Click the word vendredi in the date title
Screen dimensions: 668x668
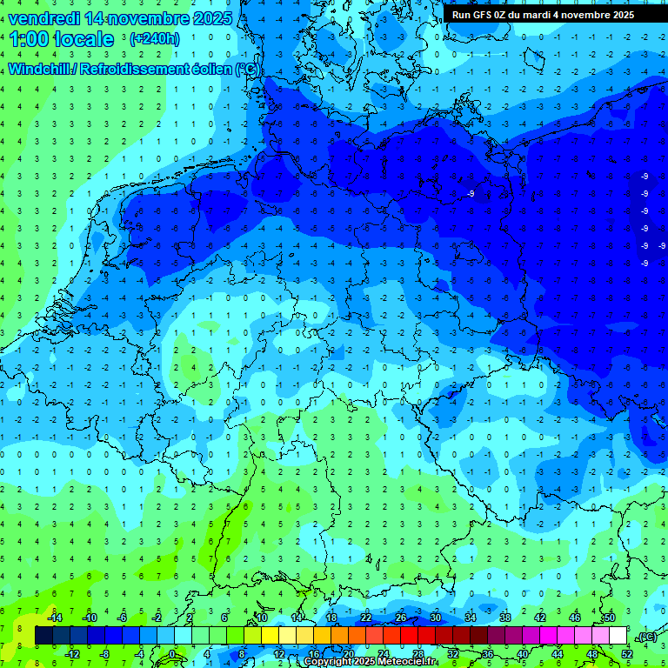pyautogui.click(x=44, y=18)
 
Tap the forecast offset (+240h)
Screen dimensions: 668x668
pyautogui.click(x=155, y=39)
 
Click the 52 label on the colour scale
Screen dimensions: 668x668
pyautogui.click(x=627, y=653)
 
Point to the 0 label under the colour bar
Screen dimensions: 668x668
pyautogui.click(x=172, y=653)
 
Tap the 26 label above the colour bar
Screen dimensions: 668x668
pyautogui.click(x=401, y=618)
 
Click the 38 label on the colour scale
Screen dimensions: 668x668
pyautogui.click(x=505, y=618)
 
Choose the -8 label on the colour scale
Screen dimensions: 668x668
pyautogui.click(x=105, y=653)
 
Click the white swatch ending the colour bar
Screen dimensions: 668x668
pyautogui.click(x=618, y=635)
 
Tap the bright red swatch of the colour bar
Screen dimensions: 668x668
pyautogui.click(x=409, y=635)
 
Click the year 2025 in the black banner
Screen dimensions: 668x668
pyautogui.click(x=619, y=15)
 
